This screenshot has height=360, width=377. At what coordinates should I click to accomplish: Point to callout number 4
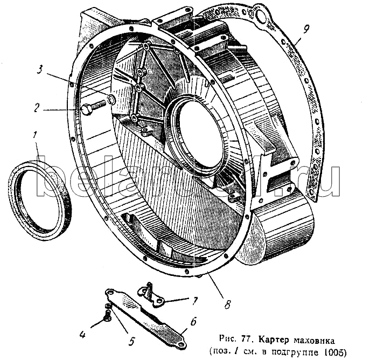tap(82, 334)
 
